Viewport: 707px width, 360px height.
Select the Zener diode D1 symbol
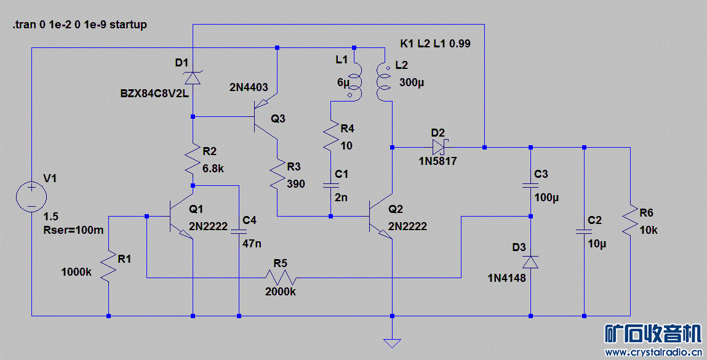[x=193, y=78]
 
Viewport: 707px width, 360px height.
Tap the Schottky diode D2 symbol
[x=438, y=147]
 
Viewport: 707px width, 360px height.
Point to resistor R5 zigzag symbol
[x=281, y=278]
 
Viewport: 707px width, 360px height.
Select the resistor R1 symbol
[x=109, y=266]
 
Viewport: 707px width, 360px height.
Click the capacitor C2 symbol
[x=584, y=232]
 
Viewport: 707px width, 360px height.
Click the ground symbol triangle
[x=391, y=342]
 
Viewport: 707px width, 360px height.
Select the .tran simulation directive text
[x=79, y=25]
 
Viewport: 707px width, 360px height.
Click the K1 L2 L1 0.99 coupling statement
[x=436, y=44]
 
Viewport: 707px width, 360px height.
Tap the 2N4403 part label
[x=249, y=87]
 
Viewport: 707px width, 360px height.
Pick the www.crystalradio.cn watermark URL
[x=654, y=353]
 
